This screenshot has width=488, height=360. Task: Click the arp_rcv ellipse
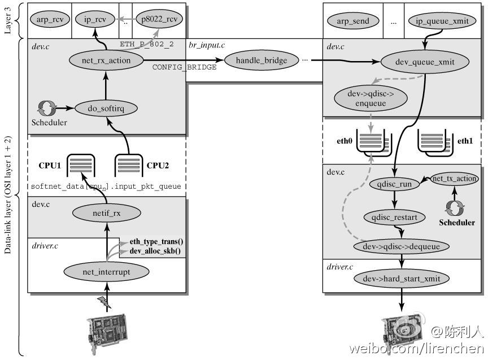[x=50, y=19]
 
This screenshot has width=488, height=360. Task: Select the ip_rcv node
[x=95, y=19]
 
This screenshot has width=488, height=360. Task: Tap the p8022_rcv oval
[x=159, y=19]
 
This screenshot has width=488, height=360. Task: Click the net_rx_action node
[x=106, y=60]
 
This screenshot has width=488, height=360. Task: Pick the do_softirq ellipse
[x=106, y=109]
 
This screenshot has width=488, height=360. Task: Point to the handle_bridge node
[x=262, y=60]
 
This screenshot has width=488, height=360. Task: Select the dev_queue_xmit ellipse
[x=425, y=62]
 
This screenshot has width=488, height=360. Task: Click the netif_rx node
[x=106, y=213]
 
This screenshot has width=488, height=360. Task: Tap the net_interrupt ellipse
[x=106, y=272]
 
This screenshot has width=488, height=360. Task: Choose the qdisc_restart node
[x=394, y=217]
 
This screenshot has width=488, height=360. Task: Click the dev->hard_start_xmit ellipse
[x=402, y=279]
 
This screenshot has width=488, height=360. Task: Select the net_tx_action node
[x=454, y=179]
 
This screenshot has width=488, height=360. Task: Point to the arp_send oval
[x=353, y=21]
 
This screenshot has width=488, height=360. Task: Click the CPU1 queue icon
[x=81, y=164]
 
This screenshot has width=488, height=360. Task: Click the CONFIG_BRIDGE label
[x=184, y=67]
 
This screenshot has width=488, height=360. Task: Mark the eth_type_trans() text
[x=156, y=242]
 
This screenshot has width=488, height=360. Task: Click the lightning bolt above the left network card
[x=104, y=302]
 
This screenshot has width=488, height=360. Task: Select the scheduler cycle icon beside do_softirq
[x=47, y=109]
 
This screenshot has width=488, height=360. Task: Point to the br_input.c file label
[x=207, y=45]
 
